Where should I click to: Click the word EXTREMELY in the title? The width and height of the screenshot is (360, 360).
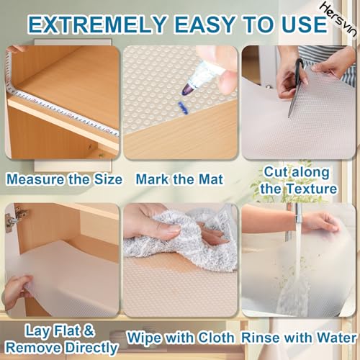(x=97, y=24)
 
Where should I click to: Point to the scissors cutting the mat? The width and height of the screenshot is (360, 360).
(x=297, y=86)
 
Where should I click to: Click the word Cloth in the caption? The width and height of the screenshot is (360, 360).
(x=216, y=338)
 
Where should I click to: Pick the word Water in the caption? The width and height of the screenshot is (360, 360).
(x=336, y=338)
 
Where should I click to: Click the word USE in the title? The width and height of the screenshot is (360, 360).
(x=303, y=24)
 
